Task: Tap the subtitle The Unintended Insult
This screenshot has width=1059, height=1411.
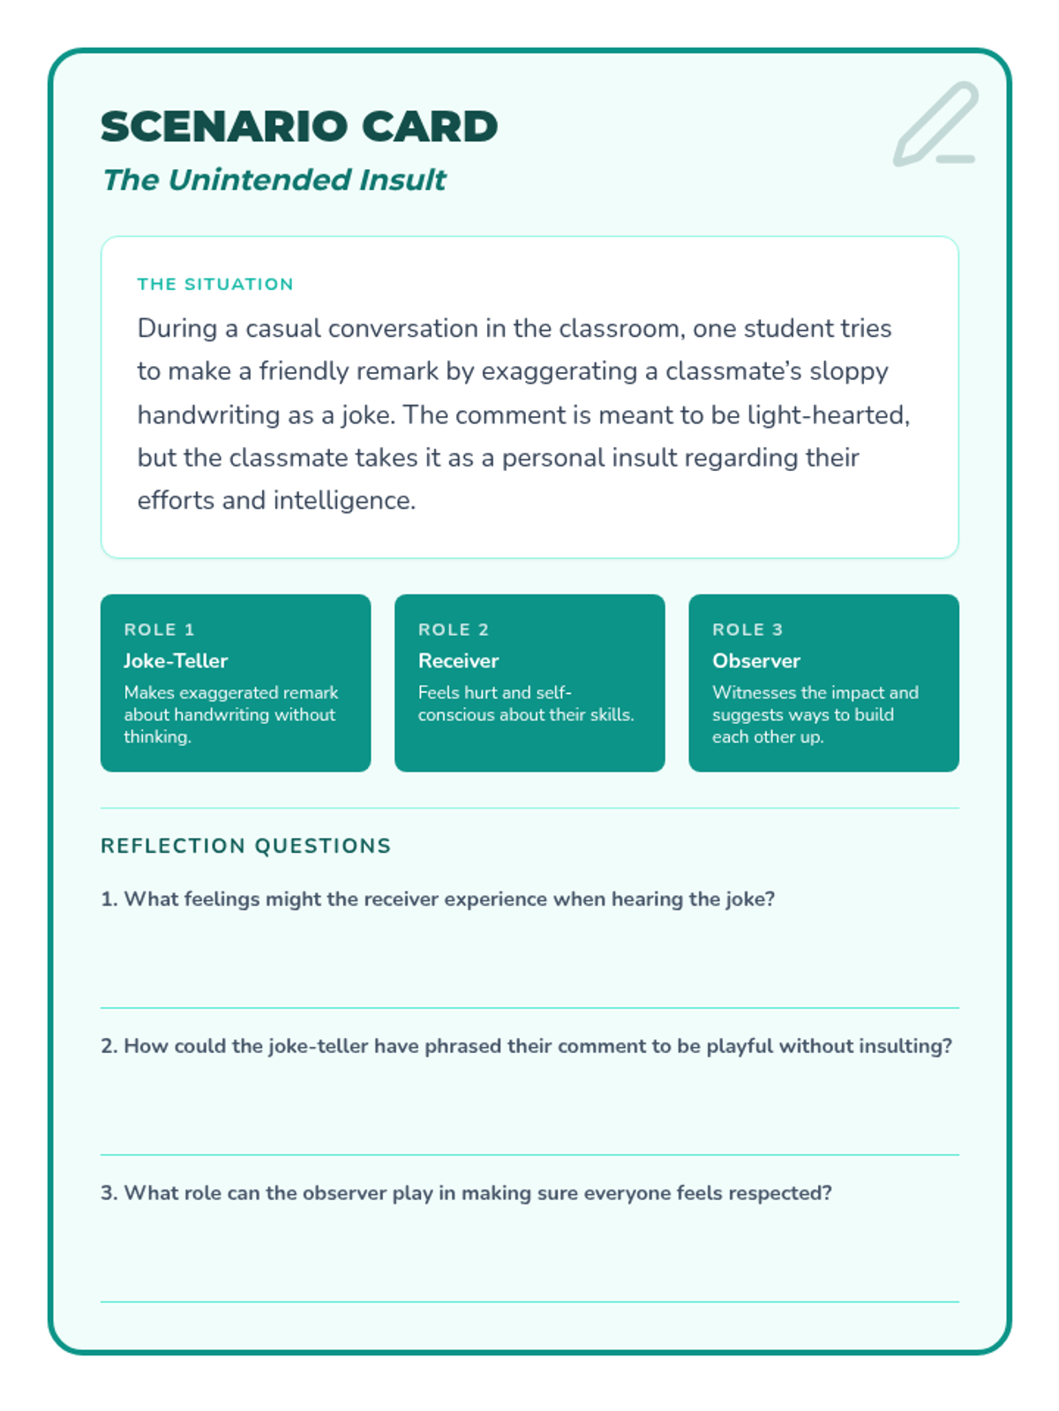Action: coord(274,180)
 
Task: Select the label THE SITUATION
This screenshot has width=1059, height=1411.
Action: coord(215,284)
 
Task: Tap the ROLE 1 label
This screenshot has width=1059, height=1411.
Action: coord(159,630)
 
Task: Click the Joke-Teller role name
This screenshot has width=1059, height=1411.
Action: coord(176,661)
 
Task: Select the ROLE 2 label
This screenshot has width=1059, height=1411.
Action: coord(453,630)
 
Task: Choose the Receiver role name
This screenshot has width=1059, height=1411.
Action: coord(458,661)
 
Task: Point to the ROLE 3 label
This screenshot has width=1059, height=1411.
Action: coord(747,630)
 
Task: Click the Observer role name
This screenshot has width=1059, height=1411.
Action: coord(756,661)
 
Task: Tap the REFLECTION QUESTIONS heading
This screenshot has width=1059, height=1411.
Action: coord(245,846)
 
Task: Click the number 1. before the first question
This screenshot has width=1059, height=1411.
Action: coord(109,899)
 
